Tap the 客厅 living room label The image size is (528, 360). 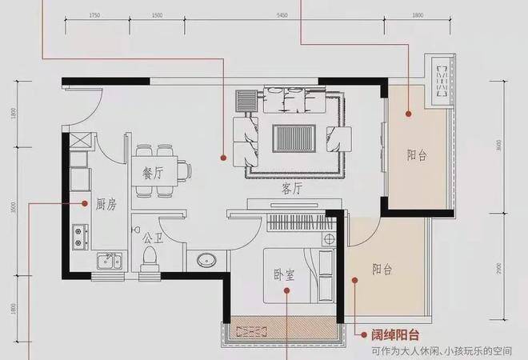[x=293, y=189]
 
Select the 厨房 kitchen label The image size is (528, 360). [x=106, y=205]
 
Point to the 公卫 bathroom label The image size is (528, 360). [x=153, y=238]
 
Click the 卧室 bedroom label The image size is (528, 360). [x=285, y=275]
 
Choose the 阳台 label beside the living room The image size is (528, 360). [x=417, y=155]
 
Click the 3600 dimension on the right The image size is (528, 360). [x=498, y=146]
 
